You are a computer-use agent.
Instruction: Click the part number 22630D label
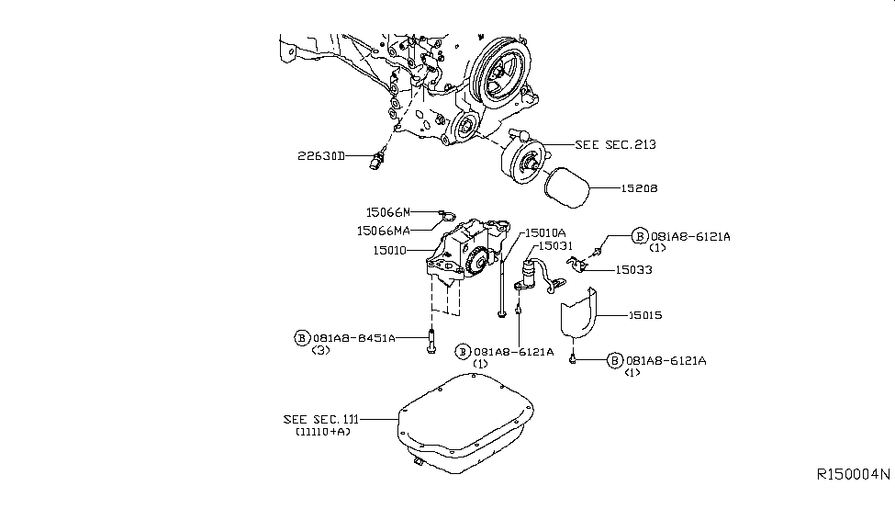[x=319, y=157]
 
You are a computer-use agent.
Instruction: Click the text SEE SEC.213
[x=615, y=145]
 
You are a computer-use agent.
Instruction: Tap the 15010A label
[x=545, y=233]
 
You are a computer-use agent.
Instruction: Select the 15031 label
[x=556, y=245]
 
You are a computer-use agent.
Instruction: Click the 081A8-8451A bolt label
[x=354, y=338]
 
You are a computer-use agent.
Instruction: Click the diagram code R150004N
[x=853, y=475]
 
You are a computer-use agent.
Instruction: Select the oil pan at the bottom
[x=468, y=423]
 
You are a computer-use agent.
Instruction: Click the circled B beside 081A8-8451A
[x=301, y=338]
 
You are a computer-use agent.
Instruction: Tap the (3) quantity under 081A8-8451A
[x=320, y=351]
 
